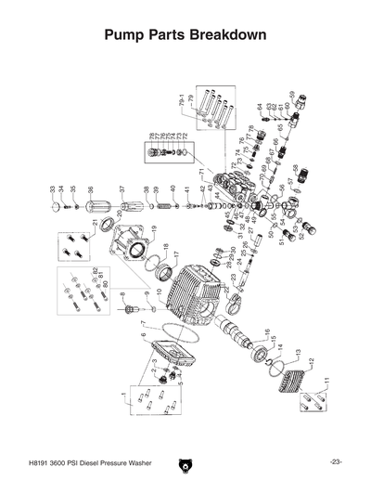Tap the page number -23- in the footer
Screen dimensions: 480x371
[x=335, y=461]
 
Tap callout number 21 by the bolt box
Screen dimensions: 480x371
[x=95, y=223]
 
